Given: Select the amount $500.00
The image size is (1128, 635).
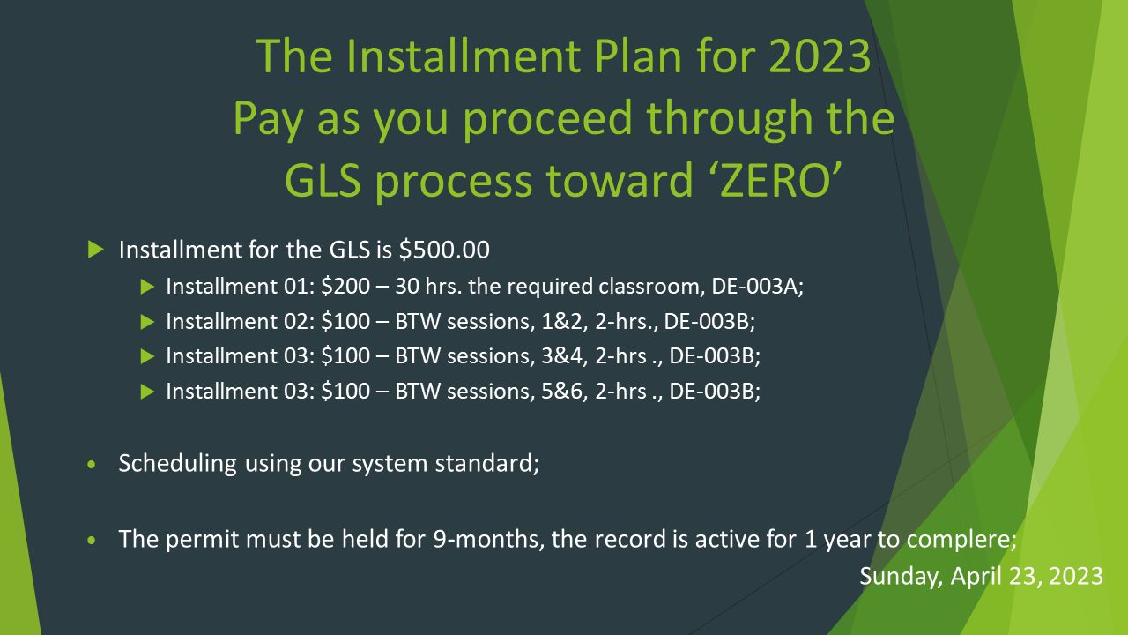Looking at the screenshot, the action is (x=444, y=250).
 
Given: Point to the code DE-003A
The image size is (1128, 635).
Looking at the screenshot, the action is (x=754, y=287).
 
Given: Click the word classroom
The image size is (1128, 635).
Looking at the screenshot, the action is (x=649, y=287).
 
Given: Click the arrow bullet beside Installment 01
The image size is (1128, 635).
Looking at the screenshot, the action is (x=147, y=287).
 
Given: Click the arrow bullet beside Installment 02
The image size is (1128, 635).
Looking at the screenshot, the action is (x=147, y=322).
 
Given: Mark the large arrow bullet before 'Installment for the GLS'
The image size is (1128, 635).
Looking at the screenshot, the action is (x=96, y=250).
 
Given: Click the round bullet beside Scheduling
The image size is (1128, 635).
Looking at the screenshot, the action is (x=91, y=465).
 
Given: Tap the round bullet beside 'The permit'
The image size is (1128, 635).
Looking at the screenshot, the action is (x=91, y=541).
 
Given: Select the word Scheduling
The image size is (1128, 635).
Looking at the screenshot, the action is (x=177, y=464).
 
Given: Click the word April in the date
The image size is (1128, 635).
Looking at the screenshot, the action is (x=976, y=577).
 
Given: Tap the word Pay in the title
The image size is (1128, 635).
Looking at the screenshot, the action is (x=268, y=119).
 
